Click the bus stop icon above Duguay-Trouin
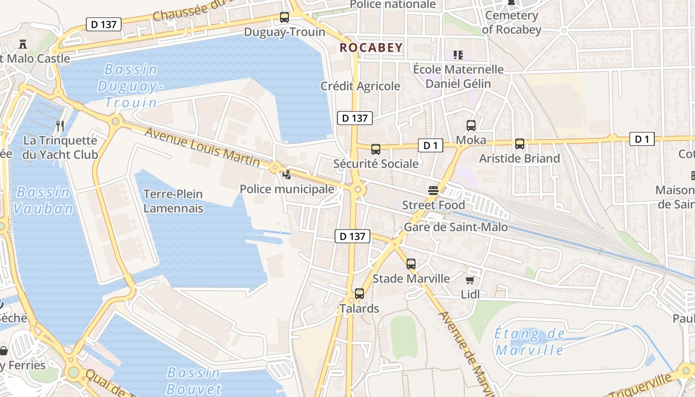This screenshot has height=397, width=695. click(x=284, y=17)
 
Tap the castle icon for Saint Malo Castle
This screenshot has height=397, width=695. click(x=22, y=44)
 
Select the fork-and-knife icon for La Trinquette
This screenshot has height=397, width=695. click(x=60, y=126)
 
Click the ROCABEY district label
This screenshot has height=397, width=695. click(x=371, y=48)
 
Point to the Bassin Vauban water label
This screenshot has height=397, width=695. click(x=43, y=200)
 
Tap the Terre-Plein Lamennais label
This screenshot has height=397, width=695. click(x=173, y=201)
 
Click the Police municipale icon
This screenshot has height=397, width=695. click(x=287, y=174)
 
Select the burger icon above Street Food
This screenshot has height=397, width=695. click(x=433, y=190)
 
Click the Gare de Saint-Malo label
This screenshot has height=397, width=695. click(x=456, y=227)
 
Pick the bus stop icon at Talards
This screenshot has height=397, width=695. click(x=359, y=294)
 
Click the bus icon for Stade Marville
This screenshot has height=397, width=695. click(x=411, y=264)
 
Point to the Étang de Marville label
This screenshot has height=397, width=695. click(x=530, y=342)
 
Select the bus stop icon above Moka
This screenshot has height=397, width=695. click(x=471, y=126)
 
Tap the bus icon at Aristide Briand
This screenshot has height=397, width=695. click(x=520, y=144)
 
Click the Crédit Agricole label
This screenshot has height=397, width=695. click(x=360, y=86)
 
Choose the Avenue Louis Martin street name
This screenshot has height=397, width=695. click(x=202, y=147)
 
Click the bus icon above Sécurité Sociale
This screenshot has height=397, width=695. click(x=376, y=149)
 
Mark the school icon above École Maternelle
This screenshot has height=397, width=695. click(x=458, y=55)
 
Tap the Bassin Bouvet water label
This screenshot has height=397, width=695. click(x=194, y=381)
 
